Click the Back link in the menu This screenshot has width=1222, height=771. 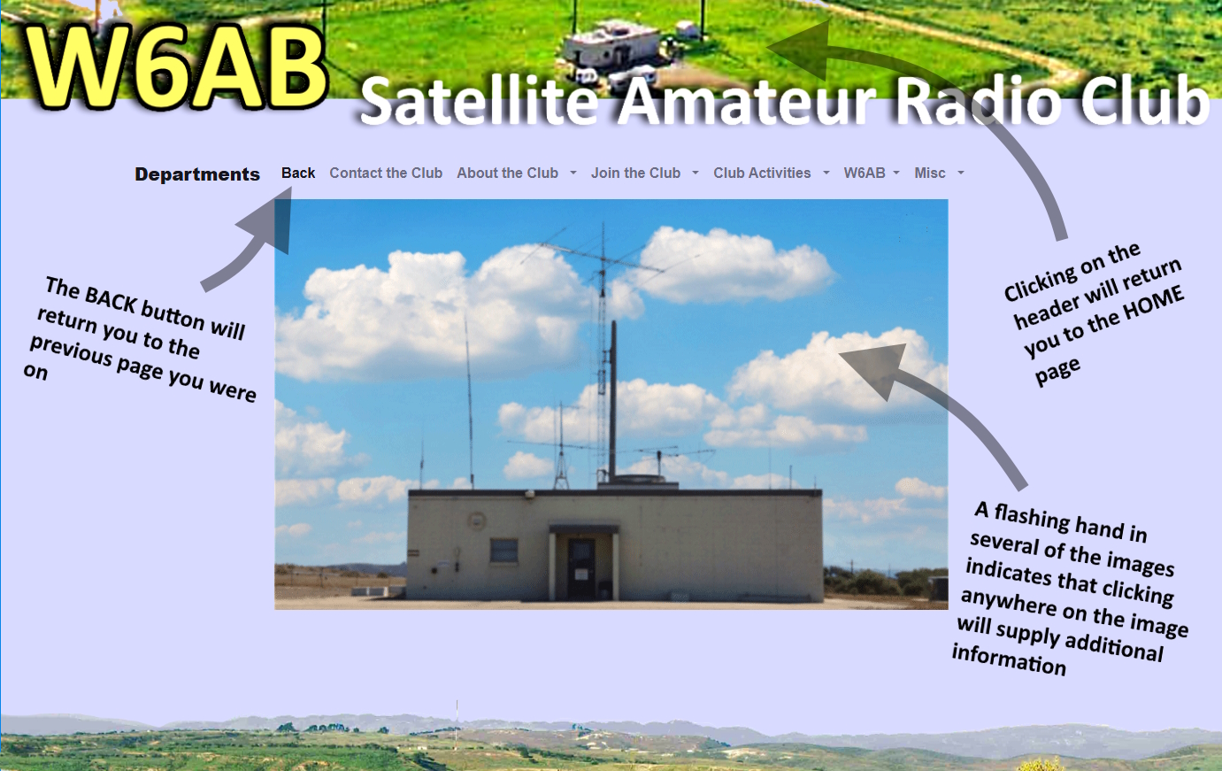(298, 173)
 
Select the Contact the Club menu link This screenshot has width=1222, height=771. (386, 173)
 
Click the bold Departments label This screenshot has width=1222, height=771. (197, 174)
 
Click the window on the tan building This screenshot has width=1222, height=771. (503, 550)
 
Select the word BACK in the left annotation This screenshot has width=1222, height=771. (110, 297)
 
